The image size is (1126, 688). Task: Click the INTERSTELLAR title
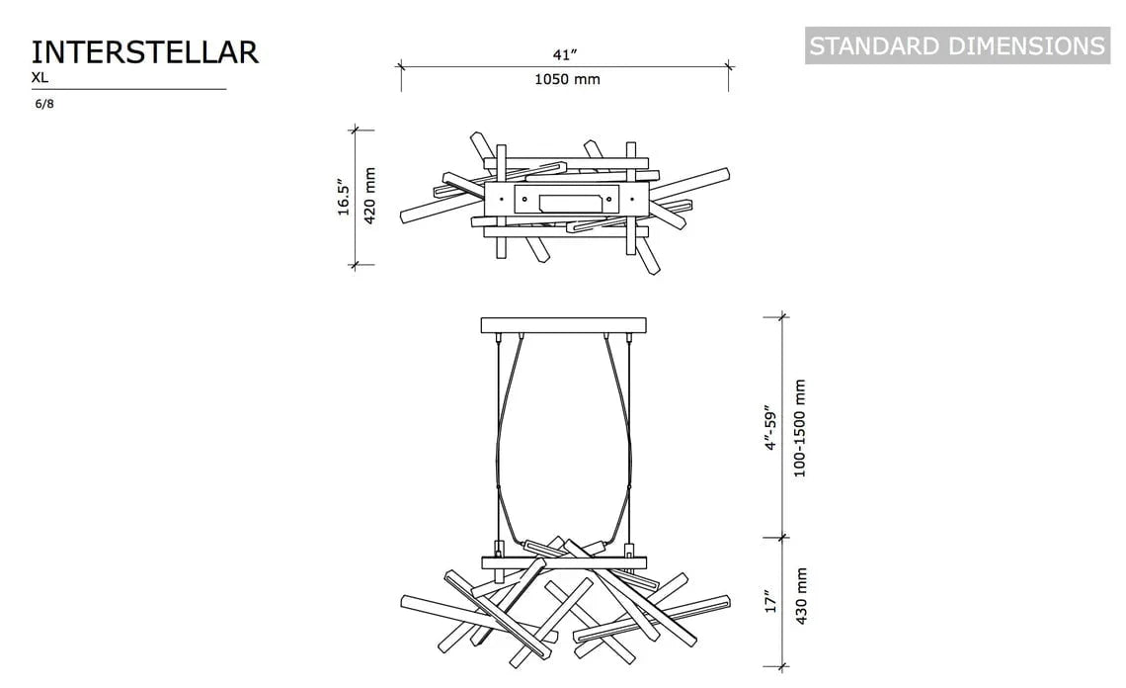point(144,52)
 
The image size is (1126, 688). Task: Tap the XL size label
point(40,78)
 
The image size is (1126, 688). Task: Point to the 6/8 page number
point(44,104)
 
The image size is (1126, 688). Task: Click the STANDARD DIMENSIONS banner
point(957,46)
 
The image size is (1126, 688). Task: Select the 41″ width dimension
point(565,54)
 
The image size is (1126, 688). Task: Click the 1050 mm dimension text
point(567,79)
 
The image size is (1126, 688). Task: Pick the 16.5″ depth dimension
point(344,198)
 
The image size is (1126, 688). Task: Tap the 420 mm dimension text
point(369,197)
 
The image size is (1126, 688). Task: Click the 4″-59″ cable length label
point(771,428)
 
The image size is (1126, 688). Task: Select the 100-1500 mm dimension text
point(800,428)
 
